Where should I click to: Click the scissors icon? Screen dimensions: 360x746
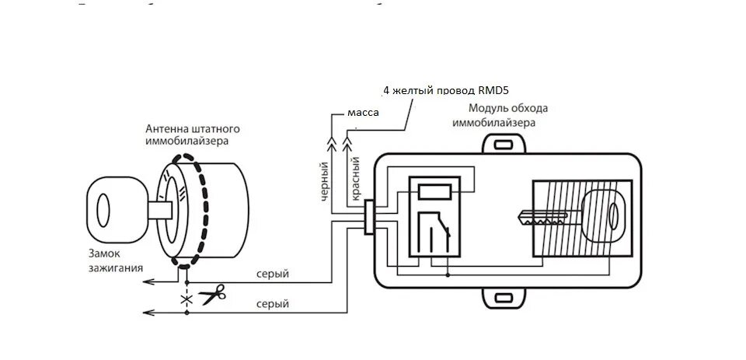(211, 294)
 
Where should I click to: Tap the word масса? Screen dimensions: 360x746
(362, 113)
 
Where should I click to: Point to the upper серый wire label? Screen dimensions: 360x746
(272, 274)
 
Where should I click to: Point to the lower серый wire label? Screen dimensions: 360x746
(272, 304)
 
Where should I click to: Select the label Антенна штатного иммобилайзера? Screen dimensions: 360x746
(192, 134)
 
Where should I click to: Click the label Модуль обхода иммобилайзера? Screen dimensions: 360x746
(507, 116)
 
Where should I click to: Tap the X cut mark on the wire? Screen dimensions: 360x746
(186, 297)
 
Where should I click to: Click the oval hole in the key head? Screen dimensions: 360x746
(613, 216)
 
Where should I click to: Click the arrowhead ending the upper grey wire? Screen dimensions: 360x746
(149, 282)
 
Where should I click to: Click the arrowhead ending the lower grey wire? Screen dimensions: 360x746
(149, 312)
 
